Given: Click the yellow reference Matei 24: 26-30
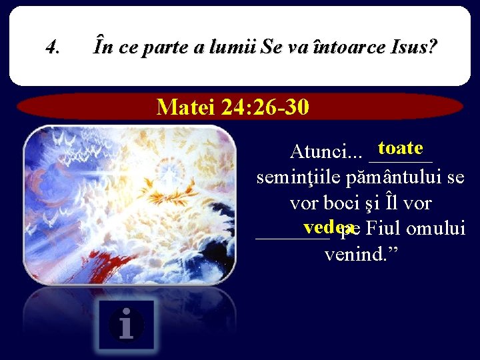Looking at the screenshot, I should pyautogui.click(x=233, y=107).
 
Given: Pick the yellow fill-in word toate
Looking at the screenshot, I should pyautogui.click(x=399, y=147).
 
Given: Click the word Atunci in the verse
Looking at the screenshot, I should pyautogui.click(x=316, y=153).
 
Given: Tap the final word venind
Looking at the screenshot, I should pyautogui.click(x=357, y=255).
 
